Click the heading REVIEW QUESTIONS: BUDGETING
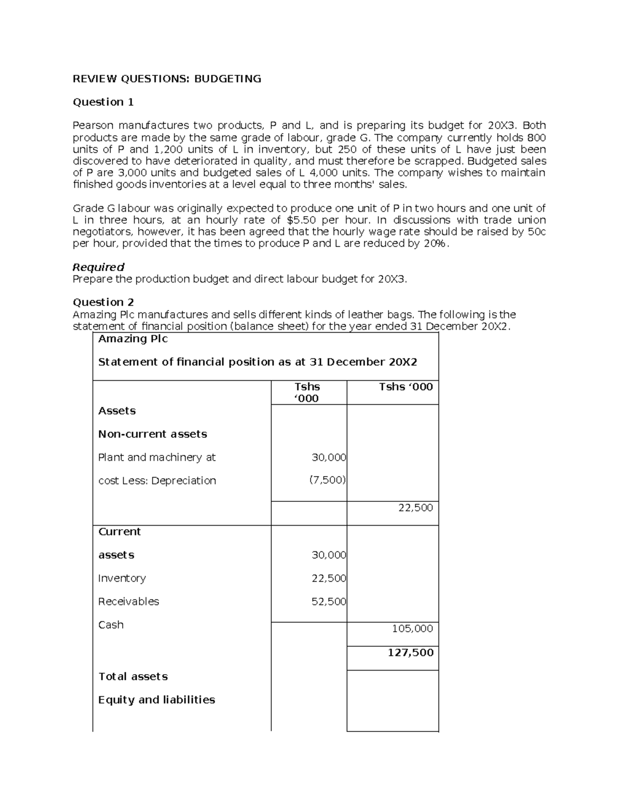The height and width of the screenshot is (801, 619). click(167, 78)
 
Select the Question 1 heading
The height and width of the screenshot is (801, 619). click(103, 102)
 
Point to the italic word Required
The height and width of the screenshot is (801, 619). click(98, 267)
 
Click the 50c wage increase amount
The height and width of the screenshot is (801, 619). click(536, 232)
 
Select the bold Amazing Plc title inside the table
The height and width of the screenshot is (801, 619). click(133, 338)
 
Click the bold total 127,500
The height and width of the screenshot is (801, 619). click(410, 652)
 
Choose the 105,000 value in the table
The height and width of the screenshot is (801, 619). click(412, 628)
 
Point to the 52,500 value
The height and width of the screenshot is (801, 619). click(329, 601)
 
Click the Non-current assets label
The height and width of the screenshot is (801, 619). click(152, 434)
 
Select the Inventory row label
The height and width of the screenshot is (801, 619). click(122, 578)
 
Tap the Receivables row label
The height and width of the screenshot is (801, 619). click(128, 601)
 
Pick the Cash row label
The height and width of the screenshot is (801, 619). click(110, 625)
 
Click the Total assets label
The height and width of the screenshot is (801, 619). click(133, 676)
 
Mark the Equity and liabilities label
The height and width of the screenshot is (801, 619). click(156, 699)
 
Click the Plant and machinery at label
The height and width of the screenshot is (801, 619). click(157, 457)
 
